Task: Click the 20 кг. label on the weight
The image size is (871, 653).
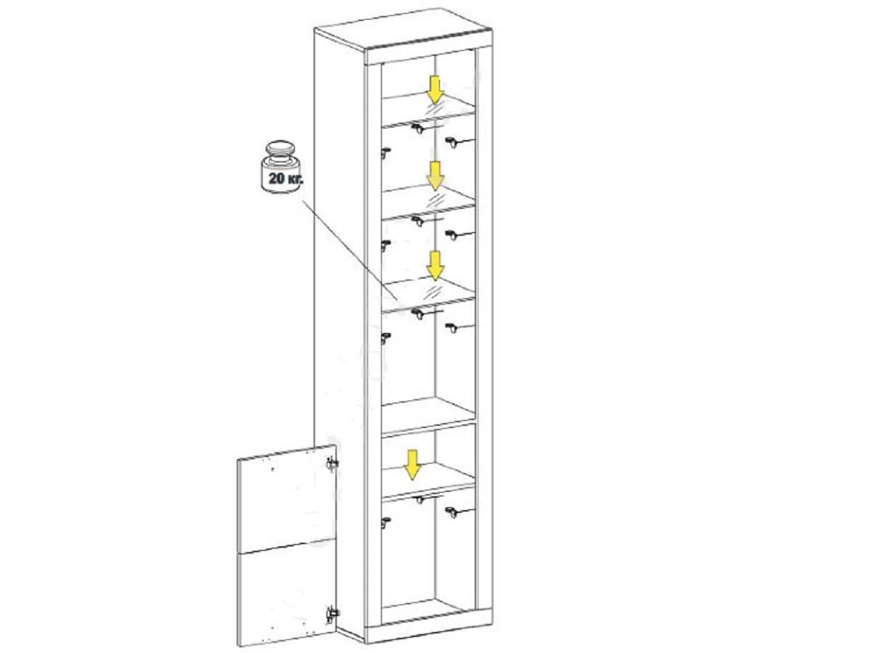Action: (x=286, y=178)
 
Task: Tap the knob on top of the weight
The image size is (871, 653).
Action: (x=281, y=148)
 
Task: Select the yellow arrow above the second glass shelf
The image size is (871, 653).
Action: (x=435, y=176)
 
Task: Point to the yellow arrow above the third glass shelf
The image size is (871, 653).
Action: (x=435, y=266)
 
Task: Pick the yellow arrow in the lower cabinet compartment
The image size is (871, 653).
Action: (x=413, y=464)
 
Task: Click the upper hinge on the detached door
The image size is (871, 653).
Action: (x=331, y=464)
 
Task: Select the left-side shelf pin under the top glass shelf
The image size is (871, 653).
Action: (x=385, y=152)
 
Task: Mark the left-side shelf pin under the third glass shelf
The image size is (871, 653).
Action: (x=385, y=338)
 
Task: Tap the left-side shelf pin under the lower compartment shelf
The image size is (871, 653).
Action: (x=385, y=522)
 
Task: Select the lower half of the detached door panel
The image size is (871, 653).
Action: (x=287, y=595)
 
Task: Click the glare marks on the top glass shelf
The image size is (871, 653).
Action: (x=435, y=108)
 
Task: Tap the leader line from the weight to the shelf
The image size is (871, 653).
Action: (x=349, y=250)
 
